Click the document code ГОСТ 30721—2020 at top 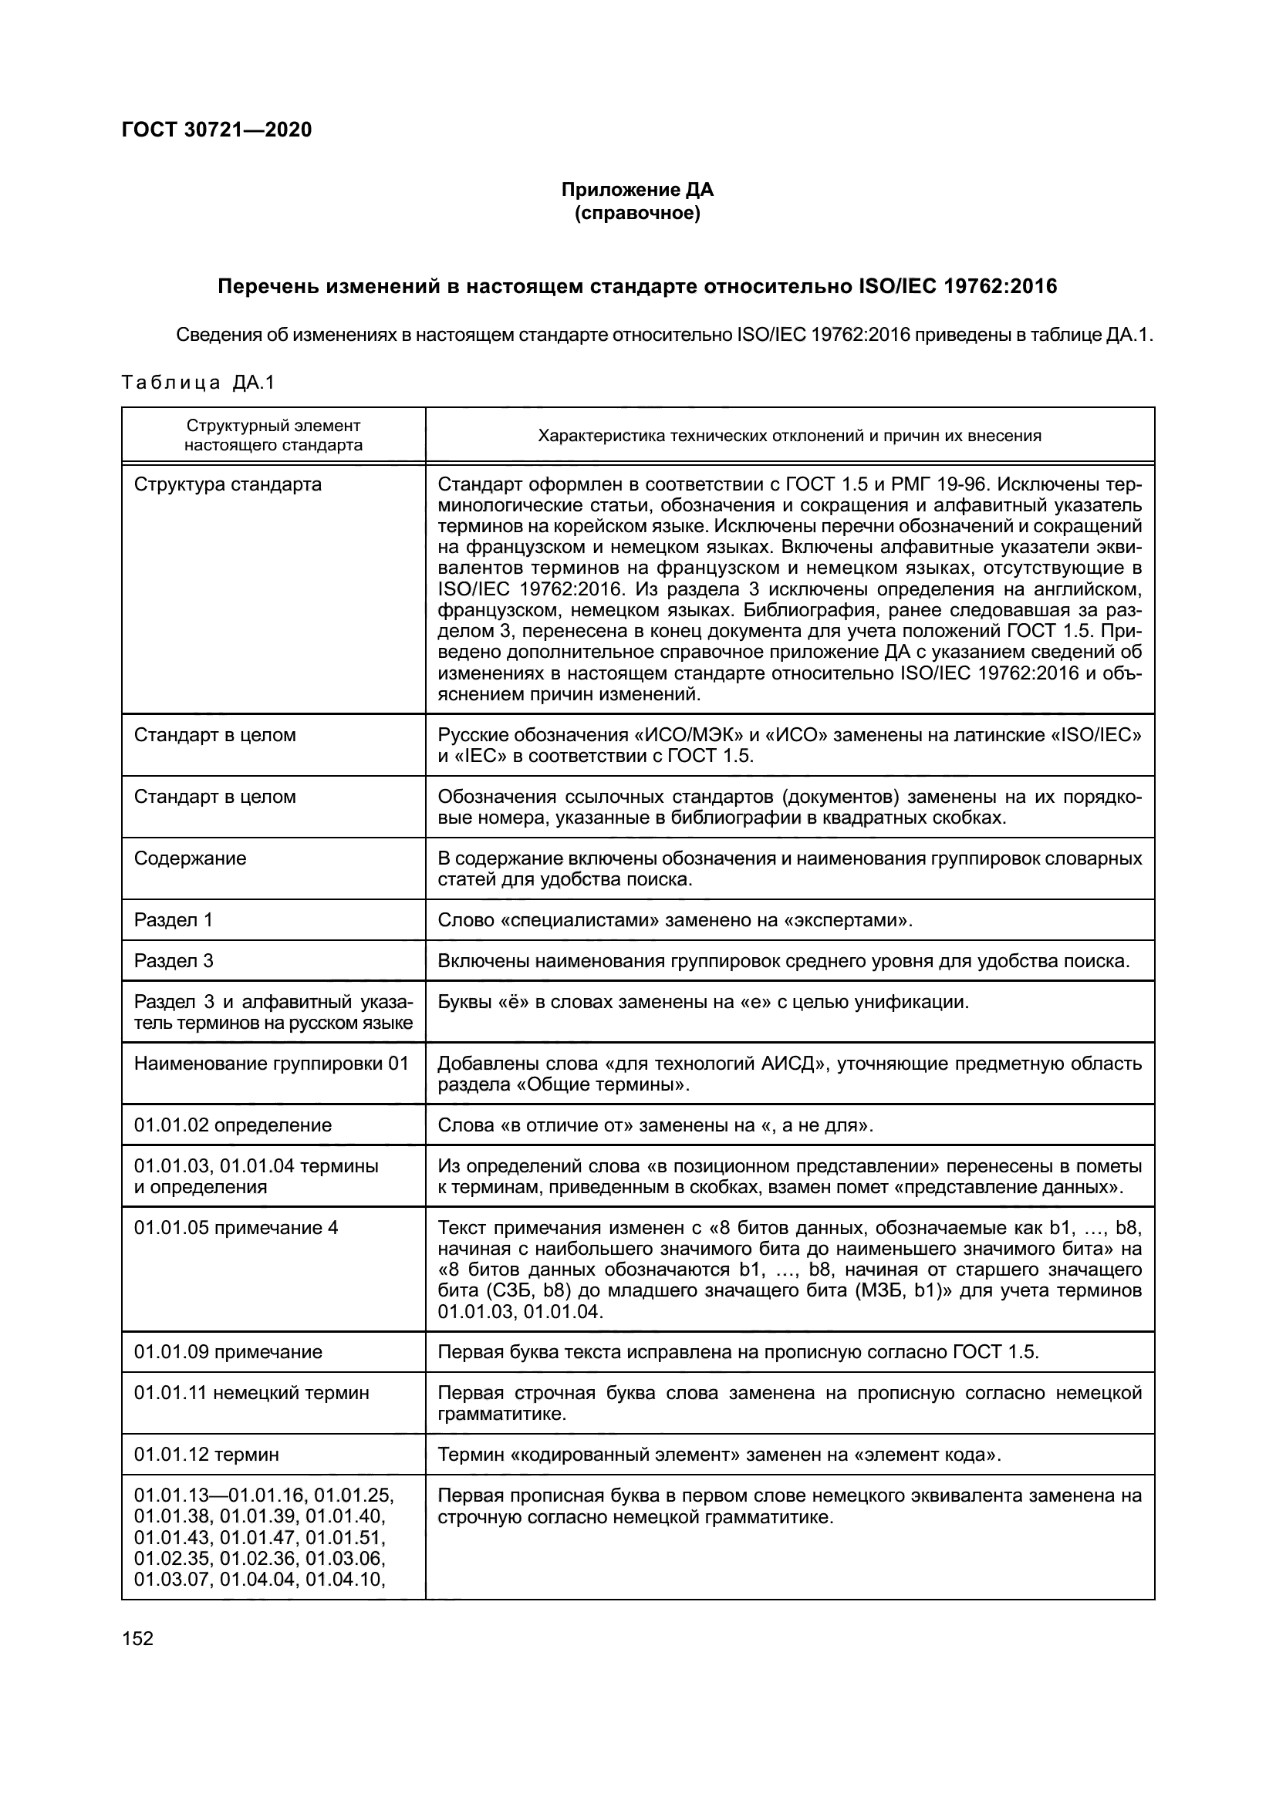(217, 130)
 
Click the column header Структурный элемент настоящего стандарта (273, 435)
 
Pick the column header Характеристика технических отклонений (789, 435)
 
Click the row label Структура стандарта (228, 484)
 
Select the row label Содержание (190, 858)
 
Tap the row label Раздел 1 (174, 919)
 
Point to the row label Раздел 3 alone (174, 960)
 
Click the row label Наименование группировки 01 (272, 1064)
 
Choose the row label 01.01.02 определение (232, 1125)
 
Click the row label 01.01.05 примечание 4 (236, 1228)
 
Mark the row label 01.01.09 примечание (228, 1351)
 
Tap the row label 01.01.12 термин (206, 1455)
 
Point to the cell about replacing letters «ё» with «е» (703, 1002)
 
